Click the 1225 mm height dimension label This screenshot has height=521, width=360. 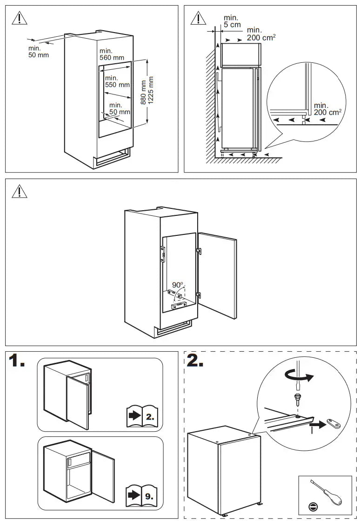coord(151,92)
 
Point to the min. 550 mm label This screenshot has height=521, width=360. coord(117,81)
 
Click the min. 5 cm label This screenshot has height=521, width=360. coord(231,20)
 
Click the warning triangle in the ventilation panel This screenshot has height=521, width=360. coord(199,18)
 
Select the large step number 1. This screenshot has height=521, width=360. coord(17,361)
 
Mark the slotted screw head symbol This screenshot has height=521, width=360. coord(311,506)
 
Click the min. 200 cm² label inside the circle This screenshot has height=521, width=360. coord(327,109)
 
